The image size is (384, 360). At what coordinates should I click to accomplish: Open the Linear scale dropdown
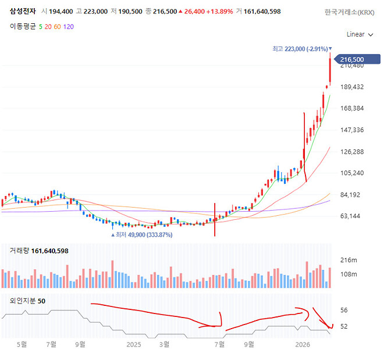(358, 34)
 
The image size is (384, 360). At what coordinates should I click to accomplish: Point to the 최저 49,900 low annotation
(142, 235)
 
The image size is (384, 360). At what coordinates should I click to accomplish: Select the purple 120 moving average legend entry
(69, 26)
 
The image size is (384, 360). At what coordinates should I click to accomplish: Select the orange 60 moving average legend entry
(57, 26)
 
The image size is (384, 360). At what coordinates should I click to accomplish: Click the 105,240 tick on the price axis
(351, 173)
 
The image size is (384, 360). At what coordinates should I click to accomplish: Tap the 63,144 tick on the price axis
(351, 216)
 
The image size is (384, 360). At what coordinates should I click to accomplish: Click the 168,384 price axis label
(351, 108)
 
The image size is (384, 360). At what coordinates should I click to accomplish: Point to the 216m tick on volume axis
(349, 259)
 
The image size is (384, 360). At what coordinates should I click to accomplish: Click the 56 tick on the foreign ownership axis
(344, 311)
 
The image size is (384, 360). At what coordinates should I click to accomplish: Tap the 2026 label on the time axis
(302, 345)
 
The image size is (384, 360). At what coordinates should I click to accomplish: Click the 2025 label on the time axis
(134, 345)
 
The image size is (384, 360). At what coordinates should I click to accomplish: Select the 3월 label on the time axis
(165, 345)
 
